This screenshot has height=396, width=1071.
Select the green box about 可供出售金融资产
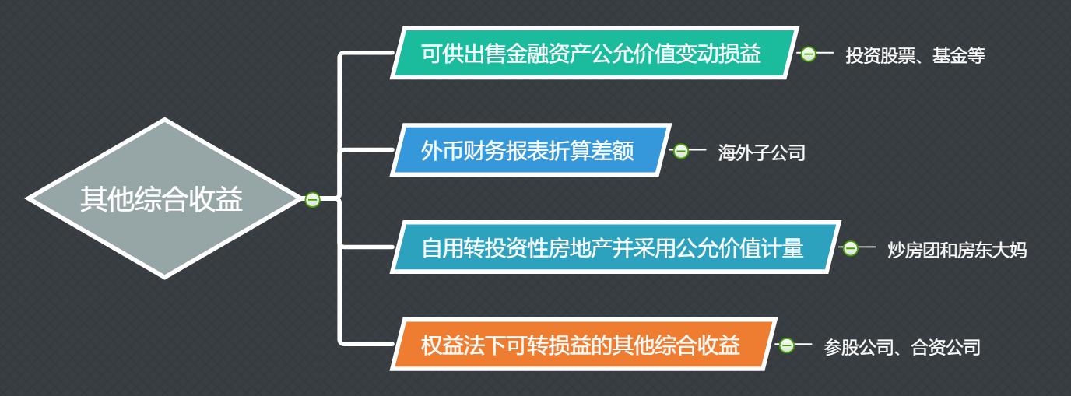click(x=593, y=54)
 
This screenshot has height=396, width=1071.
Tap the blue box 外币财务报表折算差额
click(x=529, y=150)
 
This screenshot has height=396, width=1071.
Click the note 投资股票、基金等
click(x=915, y=56)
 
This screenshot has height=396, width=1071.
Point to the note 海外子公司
click(x=761, y=153)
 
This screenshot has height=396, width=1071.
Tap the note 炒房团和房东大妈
click(x=957, y=251)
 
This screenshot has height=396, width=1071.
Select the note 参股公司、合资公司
click(x=902, y=348)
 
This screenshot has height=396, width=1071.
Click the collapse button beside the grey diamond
click(x=313, y=200)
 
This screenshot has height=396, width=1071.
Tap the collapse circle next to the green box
click(x=808, y=54)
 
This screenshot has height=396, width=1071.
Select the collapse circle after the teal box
click(x=850, y=249)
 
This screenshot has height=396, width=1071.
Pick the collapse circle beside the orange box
click(x=786, y=345)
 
